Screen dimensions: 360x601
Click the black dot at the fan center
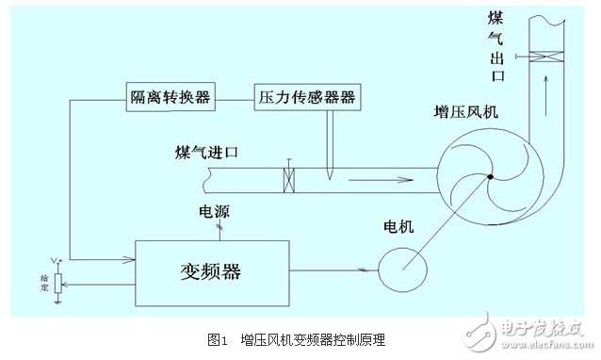(x=491, y=176)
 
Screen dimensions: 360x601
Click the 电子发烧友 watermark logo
(x=536, y=330)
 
